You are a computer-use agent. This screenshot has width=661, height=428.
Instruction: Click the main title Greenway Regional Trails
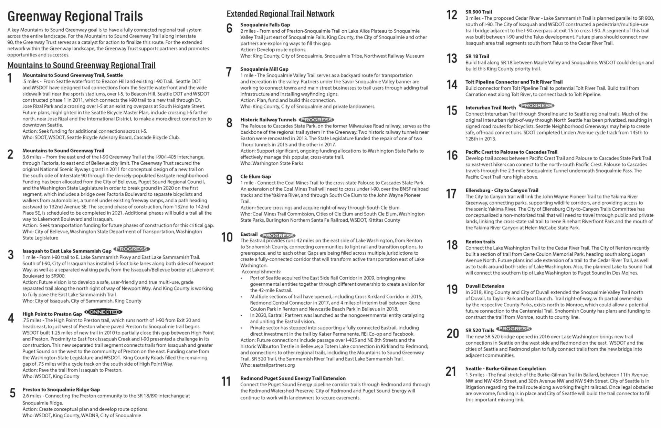[x=75, y=16]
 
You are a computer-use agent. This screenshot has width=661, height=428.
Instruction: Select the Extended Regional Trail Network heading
[x=280, y=14]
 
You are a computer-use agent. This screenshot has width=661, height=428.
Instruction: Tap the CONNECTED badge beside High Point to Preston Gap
[x=103, y=312]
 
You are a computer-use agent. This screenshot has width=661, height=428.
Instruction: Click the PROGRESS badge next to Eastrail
[x=278, y=235]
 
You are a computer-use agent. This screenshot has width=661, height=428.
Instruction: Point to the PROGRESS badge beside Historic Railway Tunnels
[x=316, y=120]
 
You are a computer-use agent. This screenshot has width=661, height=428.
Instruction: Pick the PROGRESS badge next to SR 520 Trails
[x=514, y=329]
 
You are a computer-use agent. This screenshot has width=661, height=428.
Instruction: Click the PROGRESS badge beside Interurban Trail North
[x=537, y=105]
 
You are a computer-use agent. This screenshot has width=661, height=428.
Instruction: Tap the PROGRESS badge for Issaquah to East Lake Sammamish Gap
[x=132, y=249]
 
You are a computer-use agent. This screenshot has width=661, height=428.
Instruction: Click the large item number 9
[x=229, y=180]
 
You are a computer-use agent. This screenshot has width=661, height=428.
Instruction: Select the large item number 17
[x=451, y=194]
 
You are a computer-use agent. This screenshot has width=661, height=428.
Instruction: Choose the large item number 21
[x=451, y=371]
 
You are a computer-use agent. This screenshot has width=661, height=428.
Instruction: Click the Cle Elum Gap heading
[x=255, y=176]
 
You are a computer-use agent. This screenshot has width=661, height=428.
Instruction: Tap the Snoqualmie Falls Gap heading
[x=265, y=25]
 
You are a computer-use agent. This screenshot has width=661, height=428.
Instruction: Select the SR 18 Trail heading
[x=477, y=56]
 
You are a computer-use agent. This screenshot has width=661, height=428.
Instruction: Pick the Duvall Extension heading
[x=485, y=286]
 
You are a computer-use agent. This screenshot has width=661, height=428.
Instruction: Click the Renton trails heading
[x=480, y=242]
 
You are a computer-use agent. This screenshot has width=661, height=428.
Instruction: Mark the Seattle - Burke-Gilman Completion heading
[x=505, y=368]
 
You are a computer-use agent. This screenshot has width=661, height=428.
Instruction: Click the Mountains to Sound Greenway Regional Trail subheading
[x=81, y=65]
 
